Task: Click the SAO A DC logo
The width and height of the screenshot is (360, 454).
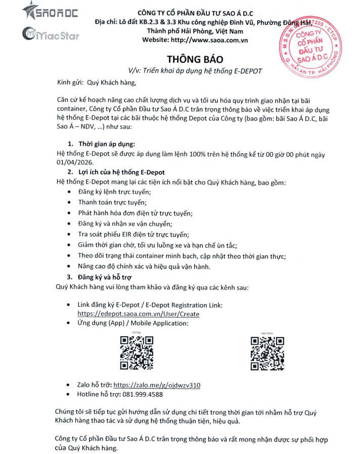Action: [x=50, y=11]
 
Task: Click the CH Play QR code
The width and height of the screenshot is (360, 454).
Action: [x=137, y=353]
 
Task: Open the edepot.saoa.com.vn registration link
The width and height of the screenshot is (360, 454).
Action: [x=138, y=314]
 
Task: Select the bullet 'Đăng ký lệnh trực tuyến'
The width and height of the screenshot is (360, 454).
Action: [x=114, y=192]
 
